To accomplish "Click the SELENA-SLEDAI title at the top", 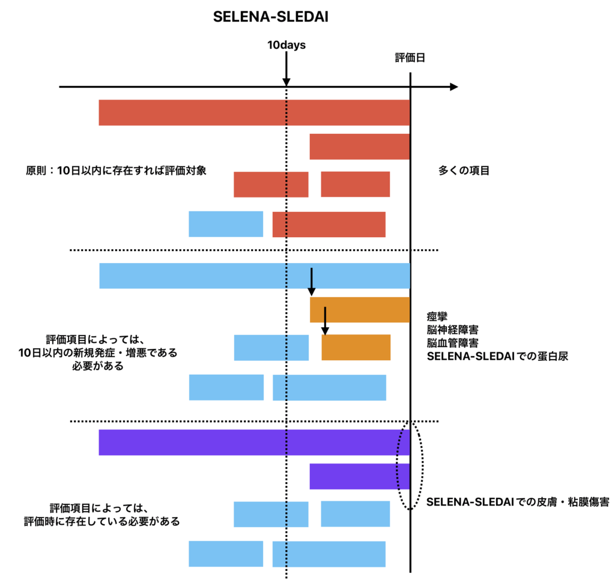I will [270, 17].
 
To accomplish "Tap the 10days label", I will [286, 44].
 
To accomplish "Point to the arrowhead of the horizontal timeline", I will [453, 87].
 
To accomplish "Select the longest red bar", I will [254, 112].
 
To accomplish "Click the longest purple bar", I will [254, 443].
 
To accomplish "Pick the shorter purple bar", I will [359, 476].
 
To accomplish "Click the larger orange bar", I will [359, 310].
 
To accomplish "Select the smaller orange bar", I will [356, 348].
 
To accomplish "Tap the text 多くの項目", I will [464, 171].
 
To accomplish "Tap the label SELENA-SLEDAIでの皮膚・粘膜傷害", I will [518, 503].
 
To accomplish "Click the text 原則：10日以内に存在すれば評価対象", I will [114, 171].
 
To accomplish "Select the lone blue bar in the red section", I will [226, 224].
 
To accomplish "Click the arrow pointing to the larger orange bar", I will [311, 282].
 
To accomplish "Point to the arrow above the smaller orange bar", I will [324, 321].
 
